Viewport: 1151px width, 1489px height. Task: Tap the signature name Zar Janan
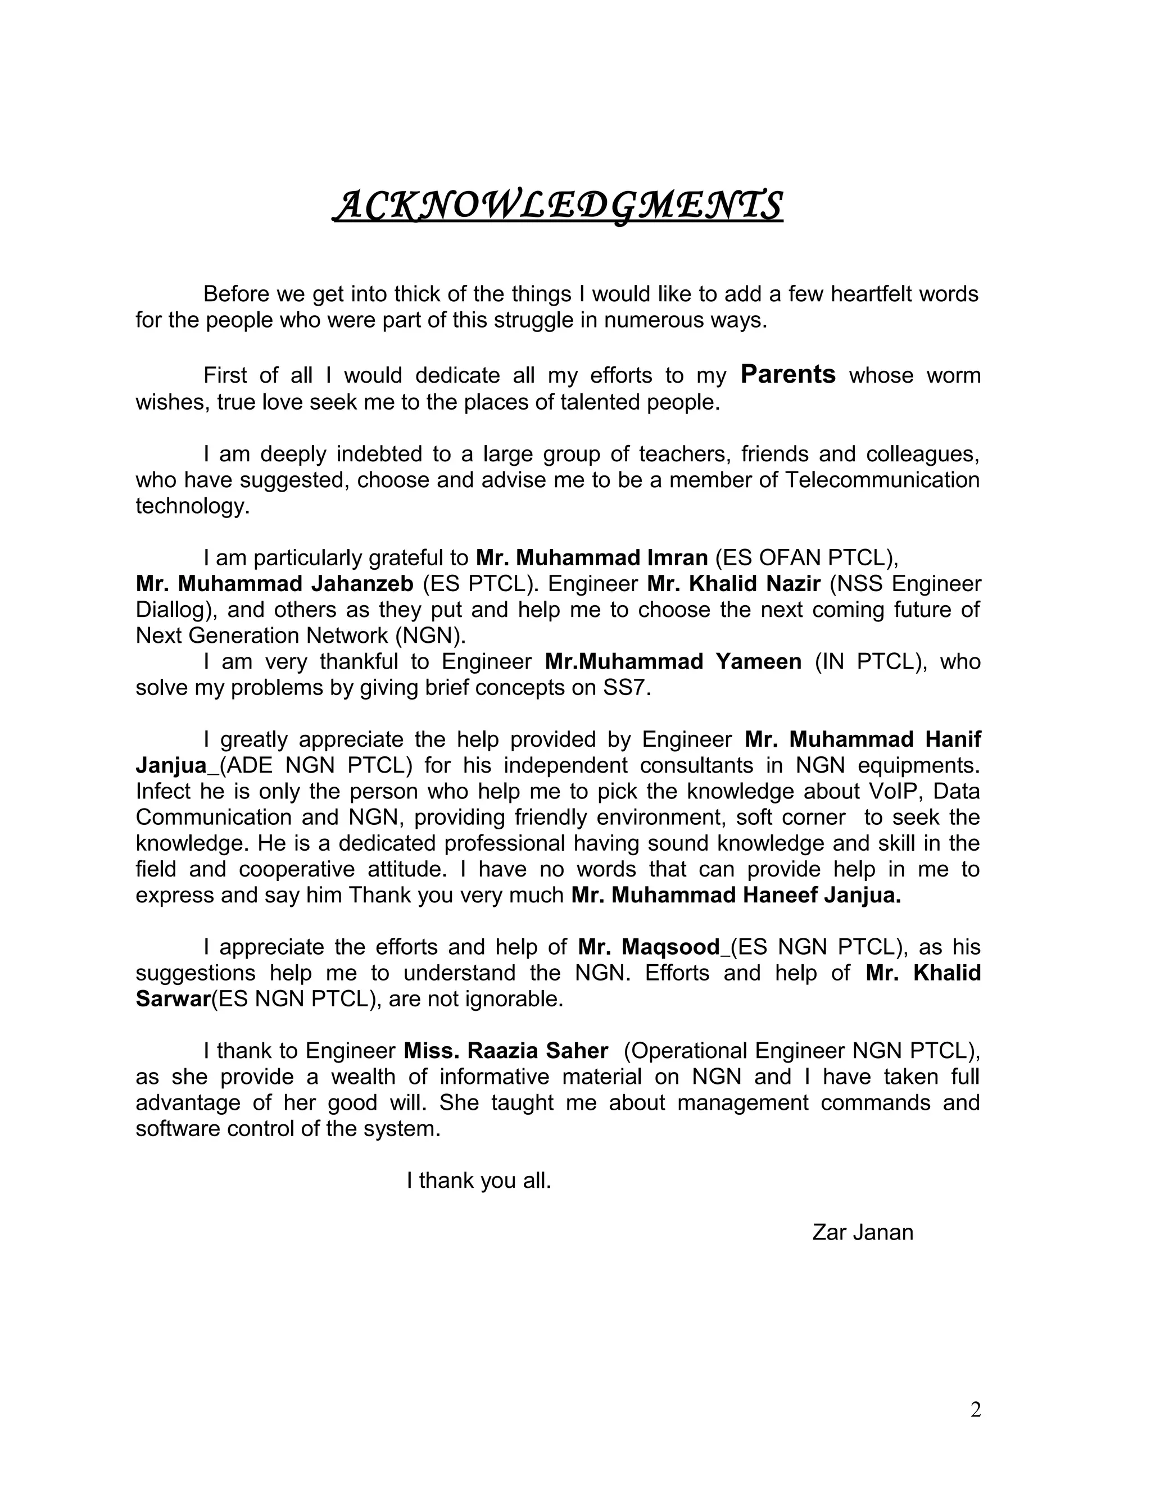863,1233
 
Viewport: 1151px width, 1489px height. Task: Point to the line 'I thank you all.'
479,1180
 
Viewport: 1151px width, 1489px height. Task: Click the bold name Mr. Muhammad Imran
591,558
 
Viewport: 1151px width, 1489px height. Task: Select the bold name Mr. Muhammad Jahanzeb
275,584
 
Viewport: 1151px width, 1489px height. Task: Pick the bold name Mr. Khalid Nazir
733,584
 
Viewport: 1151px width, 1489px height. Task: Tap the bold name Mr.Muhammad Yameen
673,661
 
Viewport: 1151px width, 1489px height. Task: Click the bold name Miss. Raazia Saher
505,1051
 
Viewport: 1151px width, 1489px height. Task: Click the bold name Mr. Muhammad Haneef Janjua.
736,895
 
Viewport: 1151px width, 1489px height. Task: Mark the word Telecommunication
882,480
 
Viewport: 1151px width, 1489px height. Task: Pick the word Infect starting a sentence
162,791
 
